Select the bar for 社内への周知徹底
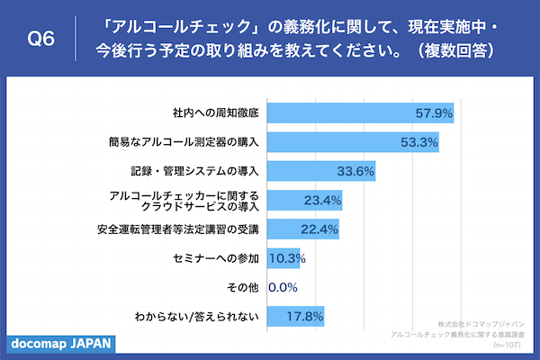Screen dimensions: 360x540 coord(360,113)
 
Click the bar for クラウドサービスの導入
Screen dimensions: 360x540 coord(305,200)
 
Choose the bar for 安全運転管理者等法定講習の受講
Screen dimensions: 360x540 coord(303,229)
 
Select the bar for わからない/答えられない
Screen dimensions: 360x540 coord(296,316)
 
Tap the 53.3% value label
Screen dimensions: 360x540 coord(418,142)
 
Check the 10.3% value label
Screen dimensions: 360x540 coord(288,258)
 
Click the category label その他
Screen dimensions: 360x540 coord(244,287)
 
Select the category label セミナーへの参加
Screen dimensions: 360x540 coord(216,258)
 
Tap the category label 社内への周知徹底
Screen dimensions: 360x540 coord(216,113)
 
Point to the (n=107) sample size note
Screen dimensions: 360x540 coord(509,345)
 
